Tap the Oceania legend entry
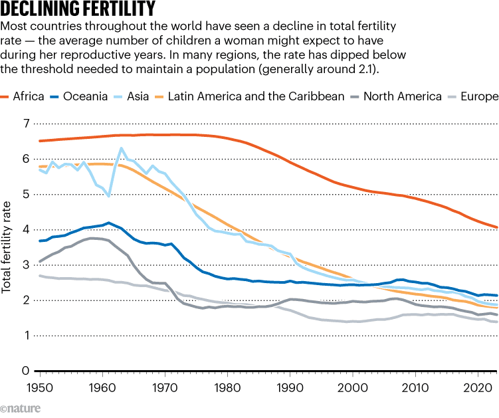pos(78,96)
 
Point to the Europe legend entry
pos(470,96)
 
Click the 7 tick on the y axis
pos(26,124)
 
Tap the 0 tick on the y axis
pos(26,371)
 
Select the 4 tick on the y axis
pos(26,230)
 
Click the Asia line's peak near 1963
pos(121,148)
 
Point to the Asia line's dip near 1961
pos(108,196)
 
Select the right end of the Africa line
pos(497,227)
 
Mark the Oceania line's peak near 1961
pos(108,223)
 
